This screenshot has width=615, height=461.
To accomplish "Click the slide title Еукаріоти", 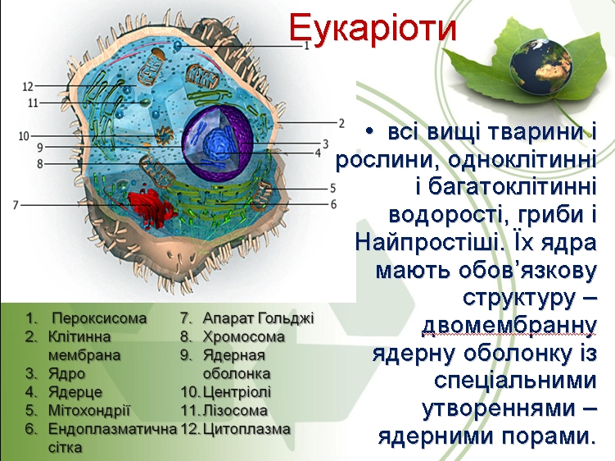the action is (x=373, y=28).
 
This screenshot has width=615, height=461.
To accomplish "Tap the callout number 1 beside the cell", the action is (x=307, y=46).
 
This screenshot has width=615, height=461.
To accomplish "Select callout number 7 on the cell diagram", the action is (x=16, y=205).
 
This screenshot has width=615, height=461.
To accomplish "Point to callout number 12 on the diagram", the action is (x=28, y=86).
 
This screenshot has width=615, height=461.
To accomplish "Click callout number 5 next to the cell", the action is (x=332, y=188).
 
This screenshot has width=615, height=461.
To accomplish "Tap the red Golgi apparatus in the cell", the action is (x=151, y=209).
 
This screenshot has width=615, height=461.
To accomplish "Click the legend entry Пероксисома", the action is (x=99, y=318).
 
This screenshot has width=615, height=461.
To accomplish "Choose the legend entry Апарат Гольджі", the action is (x=259, y=318).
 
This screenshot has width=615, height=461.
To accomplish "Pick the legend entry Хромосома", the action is (x=243, y=337).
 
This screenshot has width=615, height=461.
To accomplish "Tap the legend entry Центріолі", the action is (x=237, y=392).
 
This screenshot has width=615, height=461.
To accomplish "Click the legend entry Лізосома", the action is (x=235, y=411).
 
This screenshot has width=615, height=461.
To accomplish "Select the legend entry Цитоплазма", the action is (x=246, y=429).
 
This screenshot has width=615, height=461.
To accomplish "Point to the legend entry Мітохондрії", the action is (x=89, y=411).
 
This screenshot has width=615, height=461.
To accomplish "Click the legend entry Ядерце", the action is (x=75, y=392).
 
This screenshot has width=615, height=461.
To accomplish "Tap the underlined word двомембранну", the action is (x=509, y=326).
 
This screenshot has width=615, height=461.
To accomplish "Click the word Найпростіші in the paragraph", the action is (x=429, y=242).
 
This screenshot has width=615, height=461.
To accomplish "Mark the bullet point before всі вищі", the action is (x=369, y=131).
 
